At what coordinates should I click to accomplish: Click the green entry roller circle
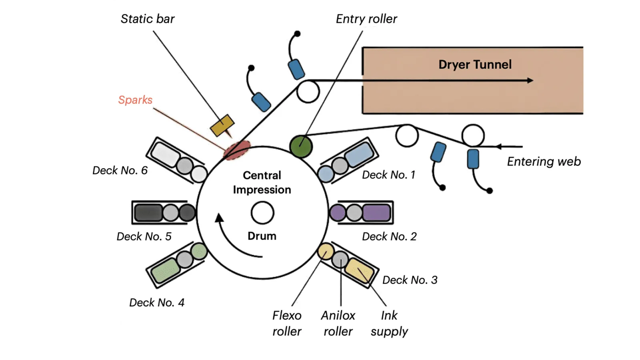[301, 146]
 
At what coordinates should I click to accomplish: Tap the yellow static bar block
[222, 125]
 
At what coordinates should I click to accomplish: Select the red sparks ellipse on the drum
[237, 150]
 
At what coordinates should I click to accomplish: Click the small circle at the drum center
[262, 213]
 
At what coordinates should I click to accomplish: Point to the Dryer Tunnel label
[475, 64]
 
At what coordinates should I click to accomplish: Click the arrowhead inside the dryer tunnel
[530, 80]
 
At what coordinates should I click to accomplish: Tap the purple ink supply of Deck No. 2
[376, 213]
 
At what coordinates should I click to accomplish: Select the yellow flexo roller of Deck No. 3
[326, 251]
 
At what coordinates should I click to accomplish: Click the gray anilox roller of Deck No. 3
[340, 260]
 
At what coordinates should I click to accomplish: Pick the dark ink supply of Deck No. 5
[148, 213]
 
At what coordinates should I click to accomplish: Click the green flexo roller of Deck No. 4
[199, 252]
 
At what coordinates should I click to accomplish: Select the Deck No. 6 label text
[120, 170]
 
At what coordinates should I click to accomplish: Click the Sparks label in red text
[135, 100]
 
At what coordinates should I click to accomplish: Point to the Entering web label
[544, 162]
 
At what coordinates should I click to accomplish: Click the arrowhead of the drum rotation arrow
[219, 218]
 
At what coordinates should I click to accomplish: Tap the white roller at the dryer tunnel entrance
[308, 92]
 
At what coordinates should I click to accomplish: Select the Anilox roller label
[338, 323]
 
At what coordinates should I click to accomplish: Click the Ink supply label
[389, 323]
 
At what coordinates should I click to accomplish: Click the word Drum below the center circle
[262, 236]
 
